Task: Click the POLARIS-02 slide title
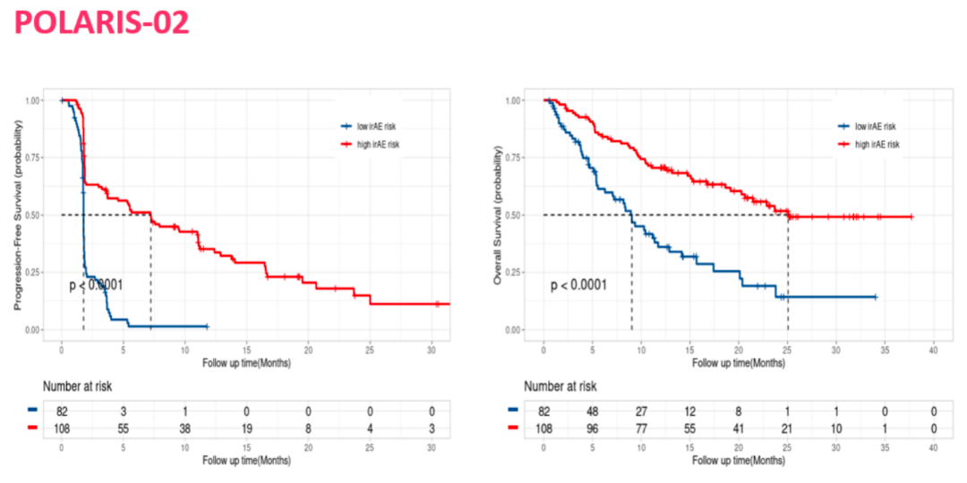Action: (102, 22)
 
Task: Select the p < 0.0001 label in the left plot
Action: (96, 285)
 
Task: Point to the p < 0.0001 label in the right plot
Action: (578, 285)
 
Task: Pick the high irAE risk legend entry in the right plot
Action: (875, 144)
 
